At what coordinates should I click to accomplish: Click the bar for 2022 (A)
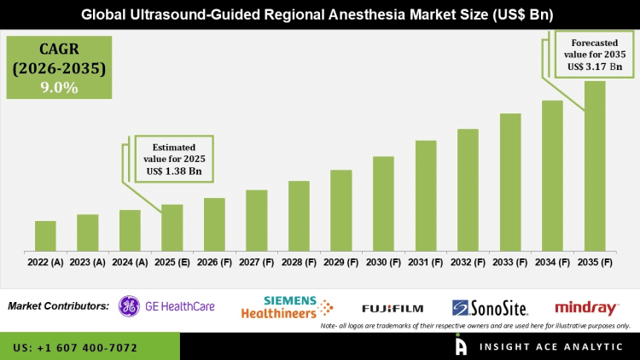tap(45, 236)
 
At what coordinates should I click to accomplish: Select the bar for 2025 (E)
tap(172, 228)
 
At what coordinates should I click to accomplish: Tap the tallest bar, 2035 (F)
tap(595, 166)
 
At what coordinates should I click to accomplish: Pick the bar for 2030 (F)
tap(383, 204)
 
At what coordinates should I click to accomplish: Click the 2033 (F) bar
tap(510, 183)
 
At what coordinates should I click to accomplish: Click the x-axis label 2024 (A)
tap(130, 263)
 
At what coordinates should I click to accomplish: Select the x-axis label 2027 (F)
tap(257, 263)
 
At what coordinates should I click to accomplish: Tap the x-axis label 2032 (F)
tap(468, 263)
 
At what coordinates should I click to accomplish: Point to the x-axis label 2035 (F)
tap(595, 263)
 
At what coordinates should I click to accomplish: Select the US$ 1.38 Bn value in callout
tap(174, 171)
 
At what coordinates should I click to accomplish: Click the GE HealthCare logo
tap(166, 306)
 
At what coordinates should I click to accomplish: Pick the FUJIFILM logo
tap(392, 308)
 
